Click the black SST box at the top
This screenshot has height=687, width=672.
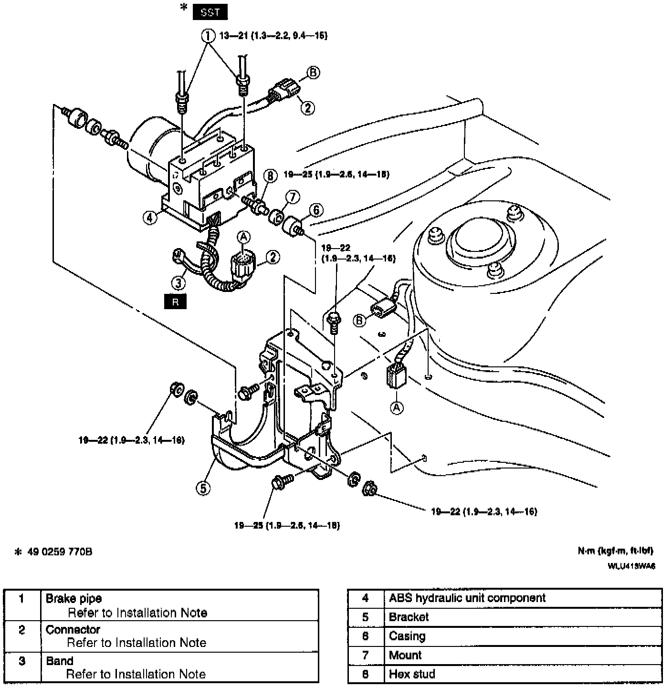210,12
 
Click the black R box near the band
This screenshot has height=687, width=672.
175,302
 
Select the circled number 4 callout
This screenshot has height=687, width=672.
150,218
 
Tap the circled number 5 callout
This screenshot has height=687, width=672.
203,488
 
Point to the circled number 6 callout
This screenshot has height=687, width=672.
315,210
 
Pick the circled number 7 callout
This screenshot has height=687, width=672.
292,196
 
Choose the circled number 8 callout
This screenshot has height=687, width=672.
270,176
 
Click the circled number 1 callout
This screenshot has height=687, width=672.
207,35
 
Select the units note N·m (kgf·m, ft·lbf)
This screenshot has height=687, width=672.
615,551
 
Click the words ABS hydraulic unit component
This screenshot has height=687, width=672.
467,598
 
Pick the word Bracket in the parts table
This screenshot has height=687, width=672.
409,617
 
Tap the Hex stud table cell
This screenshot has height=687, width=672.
412,674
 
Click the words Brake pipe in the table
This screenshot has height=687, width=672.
73,599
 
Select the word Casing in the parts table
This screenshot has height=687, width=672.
407,636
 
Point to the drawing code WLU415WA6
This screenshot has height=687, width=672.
631,566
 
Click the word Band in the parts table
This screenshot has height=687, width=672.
60,661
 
